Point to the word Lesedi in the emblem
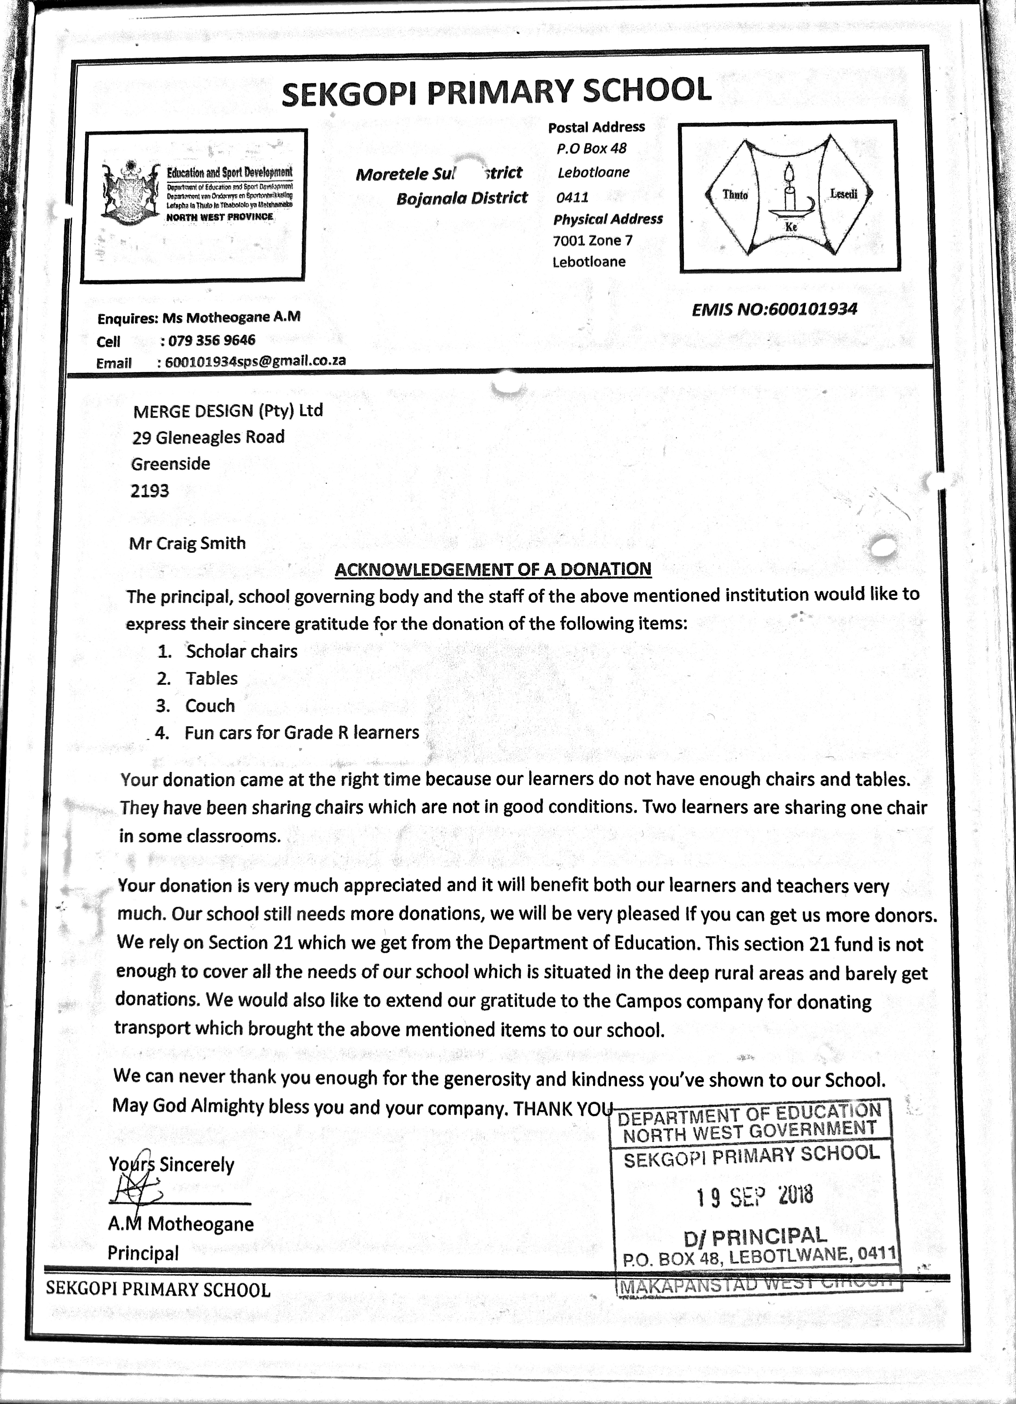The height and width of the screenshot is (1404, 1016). (x=843, y=194)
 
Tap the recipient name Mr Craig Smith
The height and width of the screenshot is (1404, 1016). (x=187, y=544)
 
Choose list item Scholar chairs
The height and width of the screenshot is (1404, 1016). (x=241, y=651)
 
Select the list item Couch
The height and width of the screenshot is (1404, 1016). (x=210, y=706)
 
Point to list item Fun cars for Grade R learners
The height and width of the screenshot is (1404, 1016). (x=302, y=733)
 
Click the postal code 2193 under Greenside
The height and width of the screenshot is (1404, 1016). (x=150, y=491)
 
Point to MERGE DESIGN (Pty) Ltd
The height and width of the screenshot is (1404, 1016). (x=227, y=410)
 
